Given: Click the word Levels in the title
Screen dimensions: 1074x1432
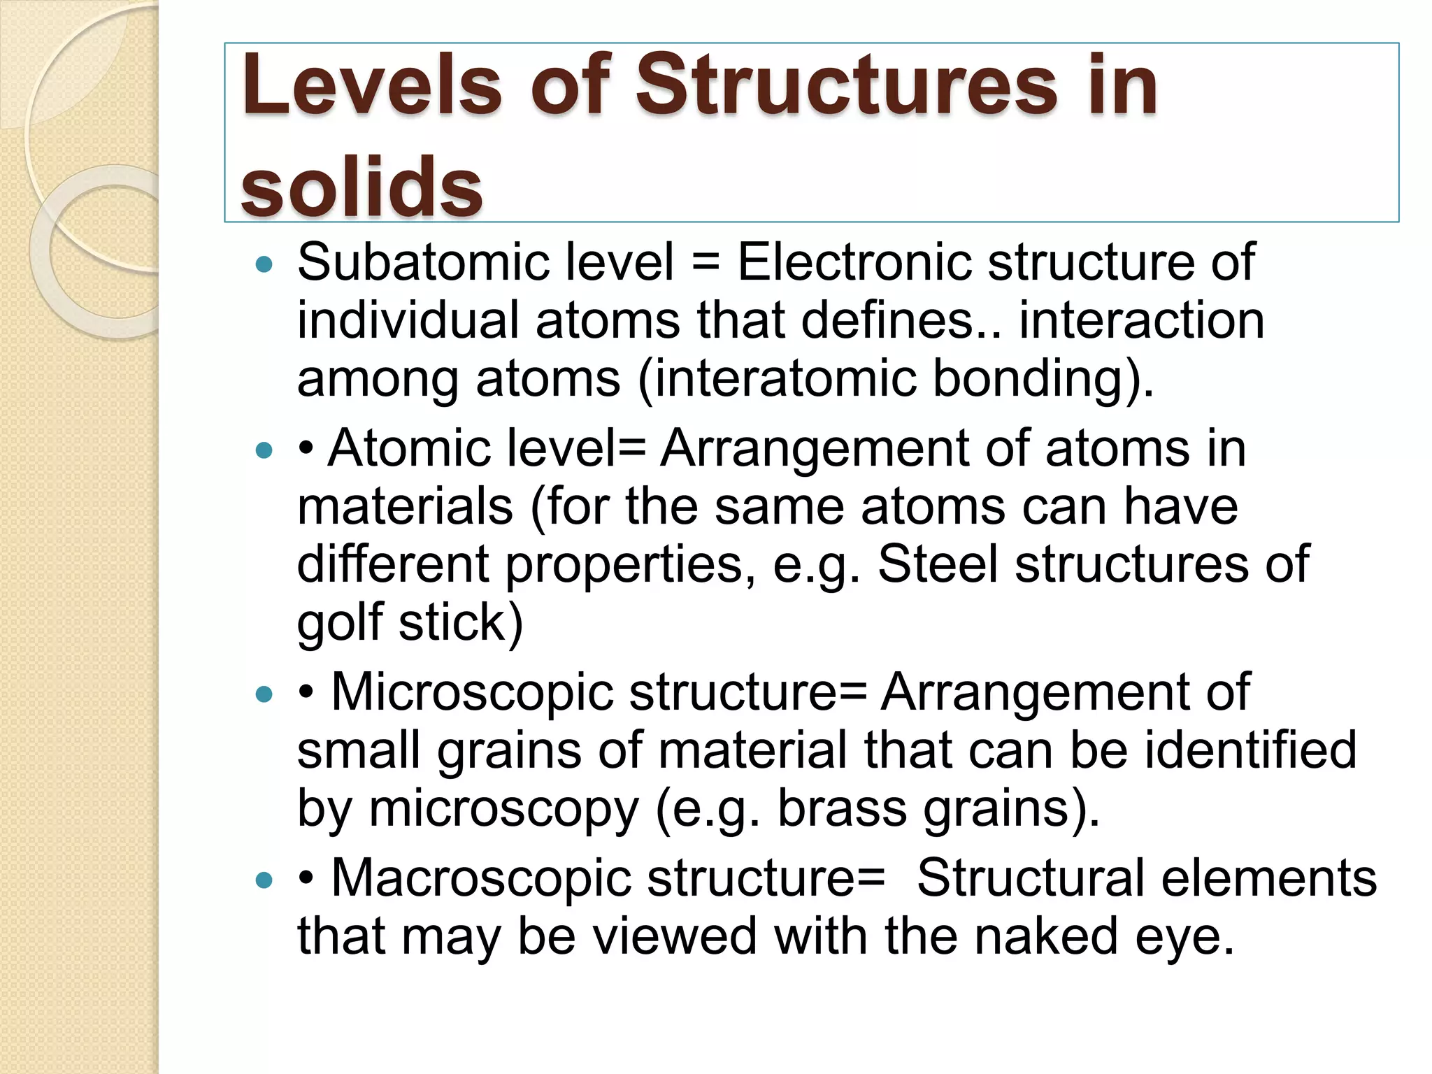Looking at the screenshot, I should click(x=371, y=85).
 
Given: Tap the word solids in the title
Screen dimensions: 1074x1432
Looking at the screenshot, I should click(x=361, y=186).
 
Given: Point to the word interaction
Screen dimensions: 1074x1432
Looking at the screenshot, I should click(x=1141, y=320).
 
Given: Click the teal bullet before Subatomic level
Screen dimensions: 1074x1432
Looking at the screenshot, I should click(x=264, y=265).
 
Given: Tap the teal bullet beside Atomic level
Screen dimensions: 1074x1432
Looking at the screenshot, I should click(x=264, y=450).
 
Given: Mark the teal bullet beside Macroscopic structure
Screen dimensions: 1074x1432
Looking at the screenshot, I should click(x=264, y=880).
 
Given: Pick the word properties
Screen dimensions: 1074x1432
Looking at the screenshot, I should click(x=624, y=565).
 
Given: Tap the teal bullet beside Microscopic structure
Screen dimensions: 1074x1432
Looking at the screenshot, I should click(x=264, y=694).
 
